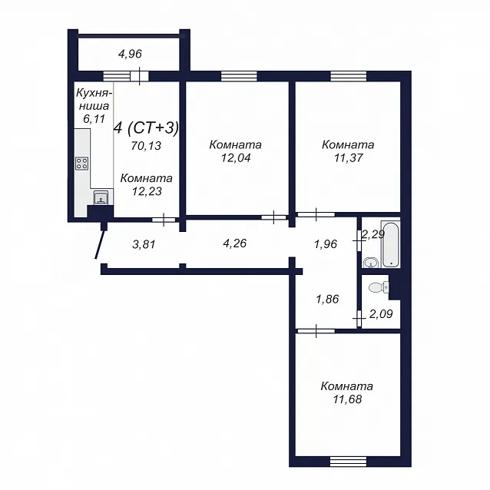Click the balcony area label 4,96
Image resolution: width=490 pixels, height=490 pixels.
click(x=130, y=54)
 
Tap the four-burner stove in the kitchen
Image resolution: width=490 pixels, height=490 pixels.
click(x=82, y=164)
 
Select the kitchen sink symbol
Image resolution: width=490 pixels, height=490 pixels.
click(x=101, y=197)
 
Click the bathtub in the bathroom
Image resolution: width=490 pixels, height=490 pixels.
click(x=390, y=244)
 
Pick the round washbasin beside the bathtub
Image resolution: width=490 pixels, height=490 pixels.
click(x=371, y=263)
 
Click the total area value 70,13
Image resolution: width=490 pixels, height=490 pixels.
click(x=146, y=146)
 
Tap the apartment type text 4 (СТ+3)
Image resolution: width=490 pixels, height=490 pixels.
click(x=147, y=127)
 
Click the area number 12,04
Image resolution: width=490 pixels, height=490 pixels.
click(x=236, y=158)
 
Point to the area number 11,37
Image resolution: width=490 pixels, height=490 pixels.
click(x=349, y=158)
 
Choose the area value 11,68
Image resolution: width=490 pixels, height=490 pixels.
click(x=347, y=399)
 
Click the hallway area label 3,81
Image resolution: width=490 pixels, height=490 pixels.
click(x=144, y=244)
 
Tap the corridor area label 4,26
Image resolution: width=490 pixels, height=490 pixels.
click(x=235, y=243)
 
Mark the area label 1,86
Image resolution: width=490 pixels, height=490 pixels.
click(x=327, y=300)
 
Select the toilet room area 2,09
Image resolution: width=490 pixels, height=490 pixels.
click(x=381, y=314)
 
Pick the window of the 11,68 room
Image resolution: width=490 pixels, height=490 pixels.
click(x=348, y=462)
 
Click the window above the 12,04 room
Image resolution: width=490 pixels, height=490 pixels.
click(x=239, y=76)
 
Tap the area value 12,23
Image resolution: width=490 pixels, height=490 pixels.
click(x=147, y=191)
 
